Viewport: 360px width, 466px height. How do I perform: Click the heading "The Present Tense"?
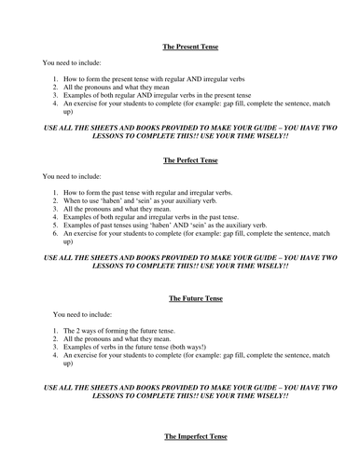coord(179,45)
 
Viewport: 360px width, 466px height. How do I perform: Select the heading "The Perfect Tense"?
coord(179,159)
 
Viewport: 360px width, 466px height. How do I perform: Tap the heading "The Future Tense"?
coord(179,298)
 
